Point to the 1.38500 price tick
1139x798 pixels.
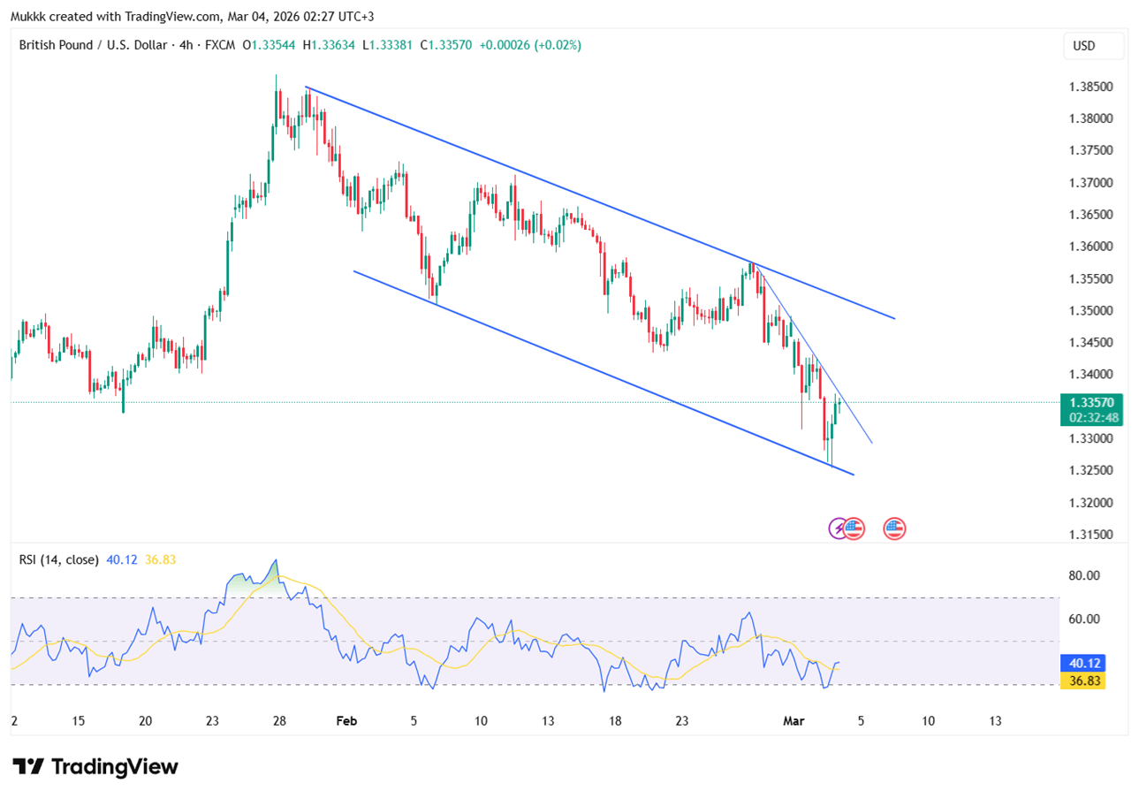[x=1090, y=87]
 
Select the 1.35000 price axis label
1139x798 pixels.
[x=1090, y=310]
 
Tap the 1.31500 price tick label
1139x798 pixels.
[x=1090, y=535]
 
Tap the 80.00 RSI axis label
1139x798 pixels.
[x=1083, y=575]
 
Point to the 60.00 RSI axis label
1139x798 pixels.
[x=1083, y=619]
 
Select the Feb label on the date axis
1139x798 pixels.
[x=346, y=721]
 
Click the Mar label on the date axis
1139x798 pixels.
[x=792, y=721]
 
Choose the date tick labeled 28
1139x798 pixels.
[x=279, y=721]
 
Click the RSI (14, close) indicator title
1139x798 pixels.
[x=59, y=559]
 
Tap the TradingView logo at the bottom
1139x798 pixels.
[x=95, y=766]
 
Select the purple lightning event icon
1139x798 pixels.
[x=838, y=528]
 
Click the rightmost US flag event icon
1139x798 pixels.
[x=894, y=528]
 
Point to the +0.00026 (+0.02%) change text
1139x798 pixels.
[x=530, y=45]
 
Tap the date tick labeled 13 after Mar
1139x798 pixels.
[x=995, y=721]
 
